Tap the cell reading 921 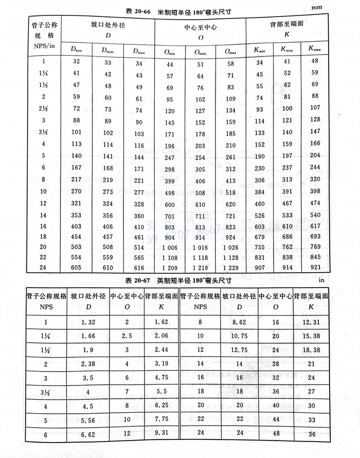[x=313, y=268]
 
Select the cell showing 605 [x=77, y=268]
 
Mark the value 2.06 [x=161, y=336]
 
